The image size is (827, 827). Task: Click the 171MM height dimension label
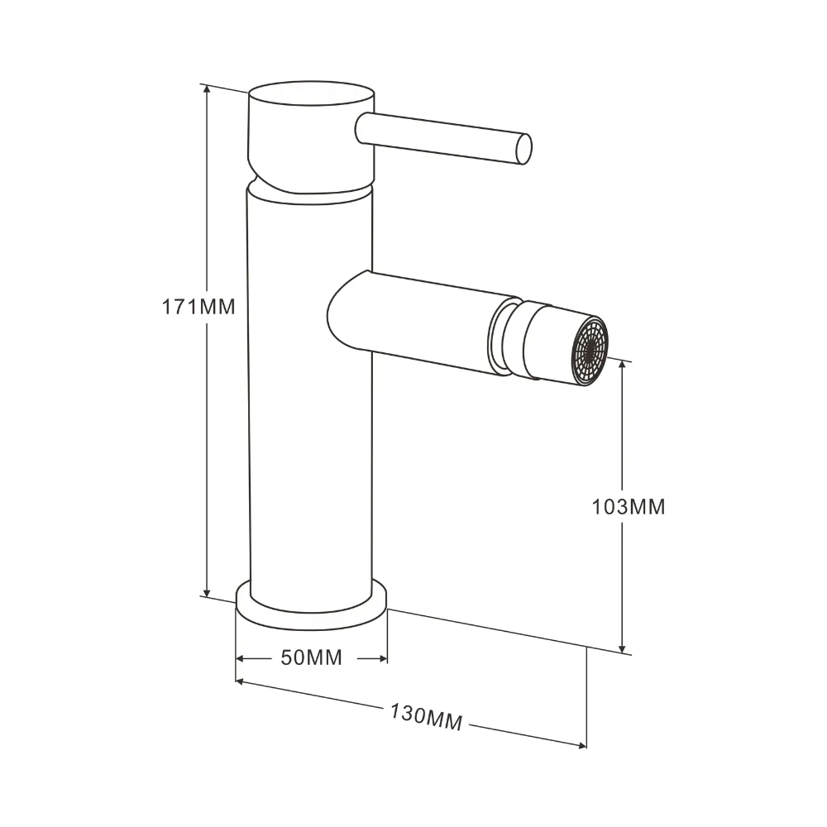coord(198,307)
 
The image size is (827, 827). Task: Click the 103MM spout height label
coord(629,507)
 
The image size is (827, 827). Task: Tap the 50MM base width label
coord(311,657)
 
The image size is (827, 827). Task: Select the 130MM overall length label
coord(426,718)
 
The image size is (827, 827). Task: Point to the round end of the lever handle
coord(524,148)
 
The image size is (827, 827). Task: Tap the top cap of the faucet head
coord(311,95)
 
